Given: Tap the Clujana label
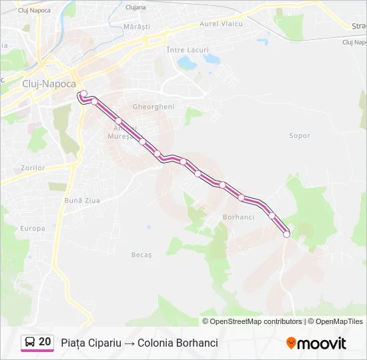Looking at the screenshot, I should point(135,7).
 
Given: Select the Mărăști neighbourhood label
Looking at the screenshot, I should point(137,27).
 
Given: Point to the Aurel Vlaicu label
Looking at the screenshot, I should point(222,24).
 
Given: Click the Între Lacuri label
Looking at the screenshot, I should point(188,50).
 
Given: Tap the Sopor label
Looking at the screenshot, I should point(300,136).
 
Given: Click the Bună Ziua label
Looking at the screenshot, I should point(81,200).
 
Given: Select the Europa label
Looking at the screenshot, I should point(33,229).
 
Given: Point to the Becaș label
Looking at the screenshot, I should point(141,255).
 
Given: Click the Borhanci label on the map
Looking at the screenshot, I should point(238,217).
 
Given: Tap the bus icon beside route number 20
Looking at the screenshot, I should point(30,342).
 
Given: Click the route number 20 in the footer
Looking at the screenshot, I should point(45,342).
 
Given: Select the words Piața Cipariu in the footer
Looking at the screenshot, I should point(91,343).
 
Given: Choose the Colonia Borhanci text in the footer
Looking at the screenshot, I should point(177,343).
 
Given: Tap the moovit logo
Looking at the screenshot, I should point(316,343).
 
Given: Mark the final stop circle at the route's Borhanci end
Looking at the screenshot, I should point(286,234).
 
